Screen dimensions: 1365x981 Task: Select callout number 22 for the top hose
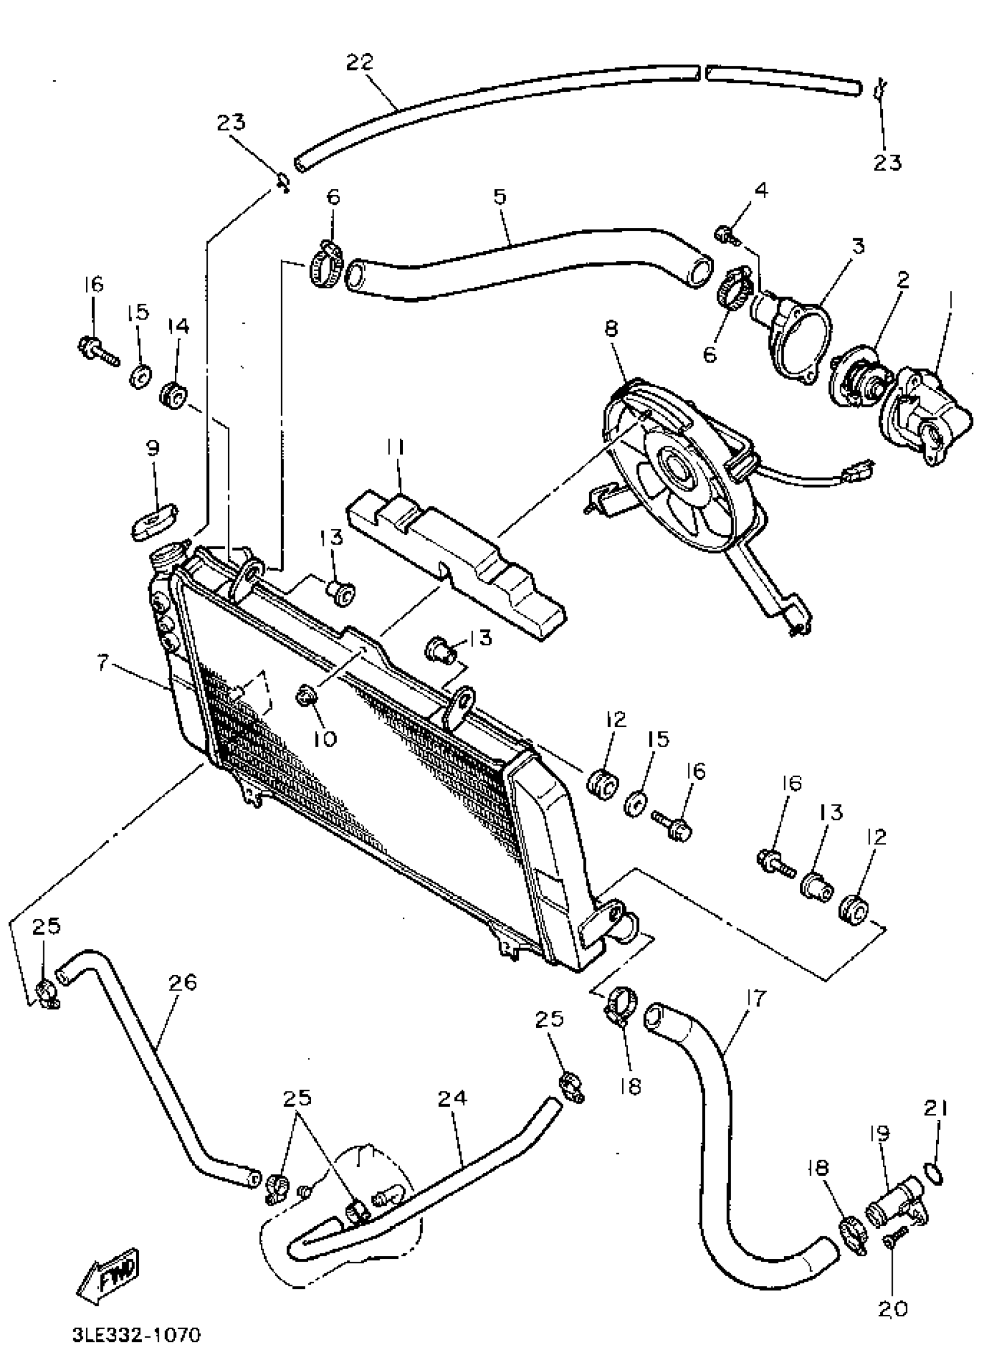360,62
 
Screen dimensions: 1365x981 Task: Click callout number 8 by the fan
611,329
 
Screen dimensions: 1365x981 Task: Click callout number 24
452,1098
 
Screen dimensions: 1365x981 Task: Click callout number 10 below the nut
325,738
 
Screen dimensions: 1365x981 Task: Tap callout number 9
152,448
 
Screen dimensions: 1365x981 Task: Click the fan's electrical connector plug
863,468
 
